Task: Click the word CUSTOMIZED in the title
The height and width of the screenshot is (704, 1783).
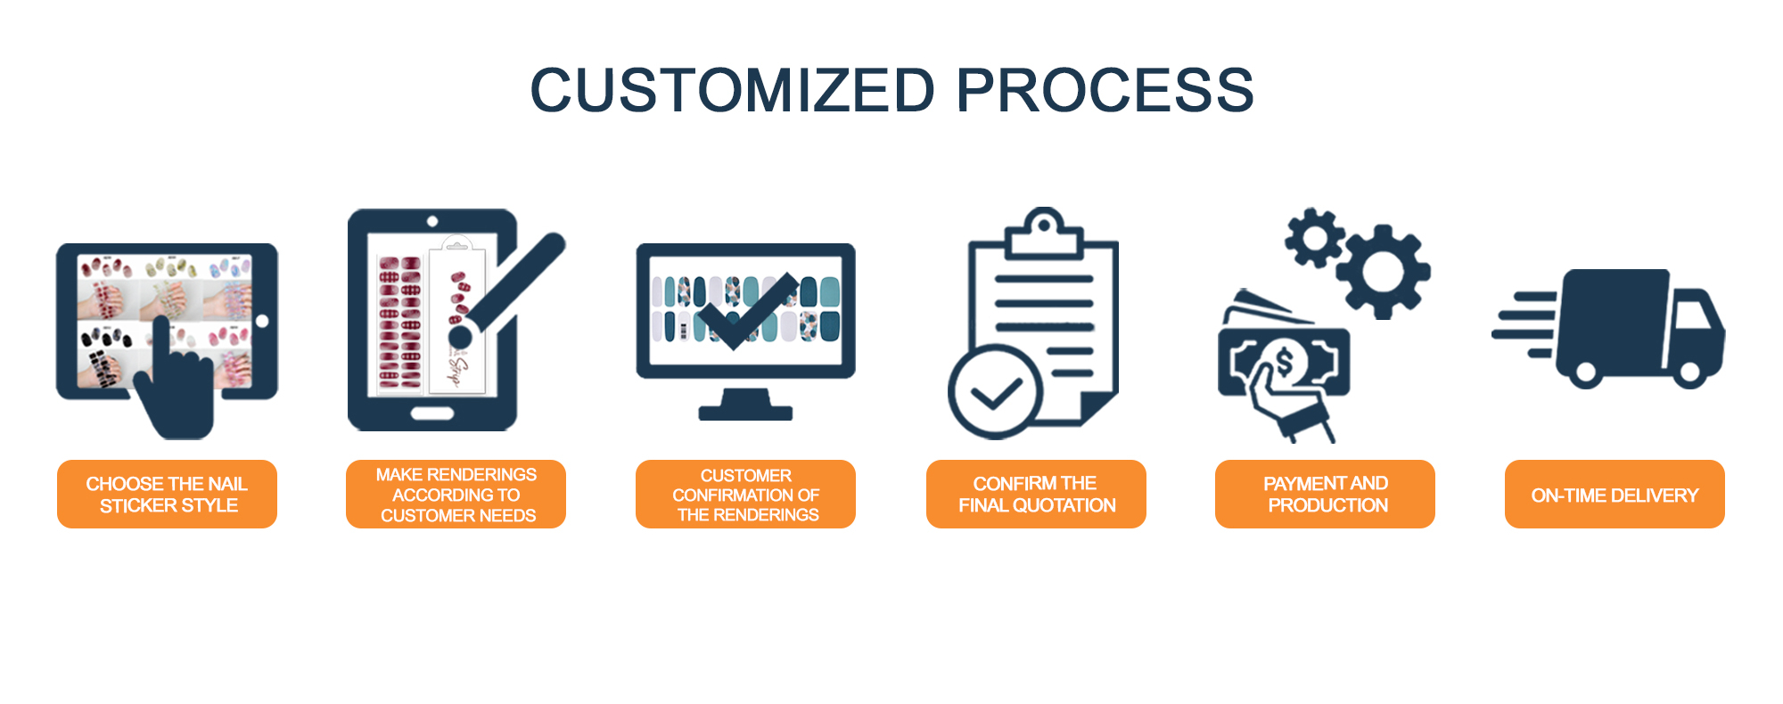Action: (x=732, y=91)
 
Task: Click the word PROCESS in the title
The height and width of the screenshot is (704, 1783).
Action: (x=1105, y=91)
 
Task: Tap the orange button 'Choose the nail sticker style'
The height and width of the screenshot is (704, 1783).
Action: (x=167, y=495)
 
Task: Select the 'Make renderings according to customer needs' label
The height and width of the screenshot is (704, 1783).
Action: (x=456, y=495)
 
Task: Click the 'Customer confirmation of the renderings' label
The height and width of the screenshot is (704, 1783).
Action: (x=745, y=495)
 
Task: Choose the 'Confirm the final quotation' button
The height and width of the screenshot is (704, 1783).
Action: (x=1036, y=495)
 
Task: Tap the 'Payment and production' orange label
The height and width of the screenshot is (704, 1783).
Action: (x=1325, y=495)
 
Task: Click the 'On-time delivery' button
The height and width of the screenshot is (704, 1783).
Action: (x=1615, y=495)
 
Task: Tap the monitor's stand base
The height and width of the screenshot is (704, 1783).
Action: (x=745, y=412)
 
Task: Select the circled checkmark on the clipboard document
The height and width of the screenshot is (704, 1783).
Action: (x=995, y=393)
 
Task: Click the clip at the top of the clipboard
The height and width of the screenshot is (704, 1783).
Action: (x=1044, y=233)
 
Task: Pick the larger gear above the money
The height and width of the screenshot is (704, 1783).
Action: (x=1383, y=272)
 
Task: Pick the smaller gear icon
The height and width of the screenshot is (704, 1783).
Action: (x=1315, y=238)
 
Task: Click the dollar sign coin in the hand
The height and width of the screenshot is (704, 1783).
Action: (x=1285, y=362)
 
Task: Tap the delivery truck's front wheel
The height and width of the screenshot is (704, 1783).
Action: (x=1688, y=372)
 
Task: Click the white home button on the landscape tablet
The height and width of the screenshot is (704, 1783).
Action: (x=262, y=321)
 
